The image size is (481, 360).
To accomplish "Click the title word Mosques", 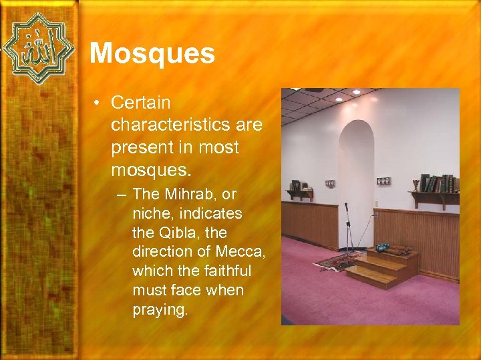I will (152, 53).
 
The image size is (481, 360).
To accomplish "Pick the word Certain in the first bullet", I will (141, 103).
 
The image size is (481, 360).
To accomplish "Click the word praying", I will (160, 310).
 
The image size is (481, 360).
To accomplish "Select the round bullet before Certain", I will (98, 103).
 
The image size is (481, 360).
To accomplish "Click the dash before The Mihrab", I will (124, 195).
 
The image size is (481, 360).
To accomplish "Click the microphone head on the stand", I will (346, 206).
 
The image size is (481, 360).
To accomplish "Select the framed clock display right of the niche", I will (383, 181).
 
